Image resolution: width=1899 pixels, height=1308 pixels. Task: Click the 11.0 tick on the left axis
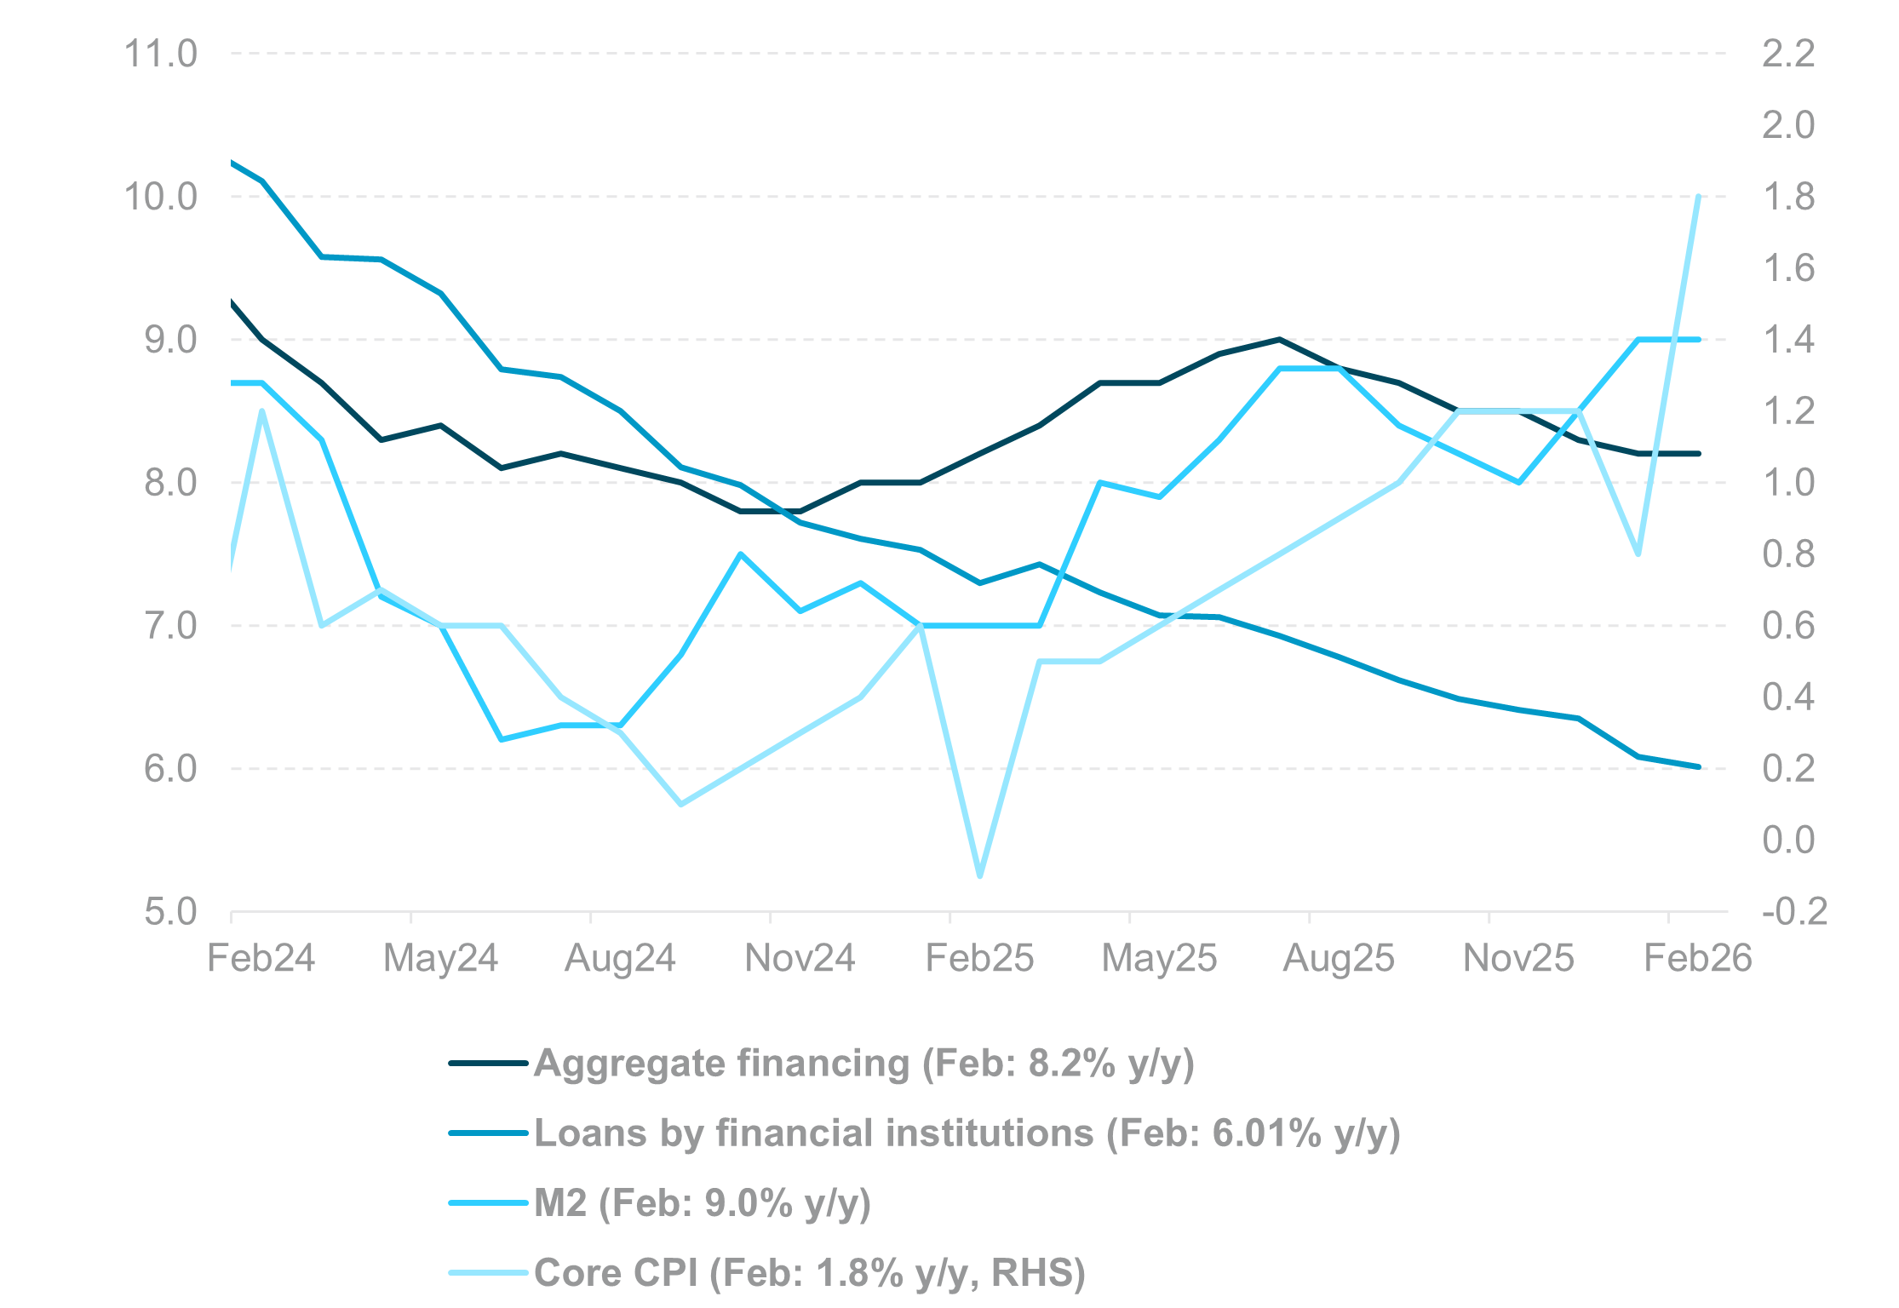pos(160,54)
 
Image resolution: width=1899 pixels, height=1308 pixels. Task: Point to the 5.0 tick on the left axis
pos(170,912)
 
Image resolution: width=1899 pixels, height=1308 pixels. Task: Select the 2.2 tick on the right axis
pos(1788,54)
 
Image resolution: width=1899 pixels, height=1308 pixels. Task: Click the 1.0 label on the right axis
pos(1788,483)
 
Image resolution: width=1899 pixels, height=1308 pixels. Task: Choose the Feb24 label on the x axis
pos(261,959)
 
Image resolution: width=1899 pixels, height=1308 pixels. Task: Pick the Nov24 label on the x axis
pos(799,959)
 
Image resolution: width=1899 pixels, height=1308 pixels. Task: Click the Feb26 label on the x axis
pos(1697,959)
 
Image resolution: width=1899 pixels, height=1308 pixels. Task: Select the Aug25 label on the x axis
pos(1338,959)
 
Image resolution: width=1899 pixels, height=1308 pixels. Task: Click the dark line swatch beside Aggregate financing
pos(488,1064)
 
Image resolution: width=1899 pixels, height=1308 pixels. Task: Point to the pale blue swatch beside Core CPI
pos(488,1273)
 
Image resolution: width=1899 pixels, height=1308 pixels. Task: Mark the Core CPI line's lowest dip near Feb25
pos(979,875)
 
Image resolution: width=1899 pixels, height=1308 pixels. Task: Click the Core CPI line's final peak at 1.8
pos(1698,197)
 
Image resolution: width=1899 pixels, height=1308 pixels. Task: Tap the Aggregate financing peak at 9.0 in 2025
pos(1279,339)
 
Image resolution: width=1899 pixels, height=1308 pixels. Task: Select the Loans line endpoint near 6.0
pos(1698,766)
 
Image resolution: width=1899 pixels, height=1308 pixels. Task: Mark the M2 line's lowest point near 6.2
pos(502,739)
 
